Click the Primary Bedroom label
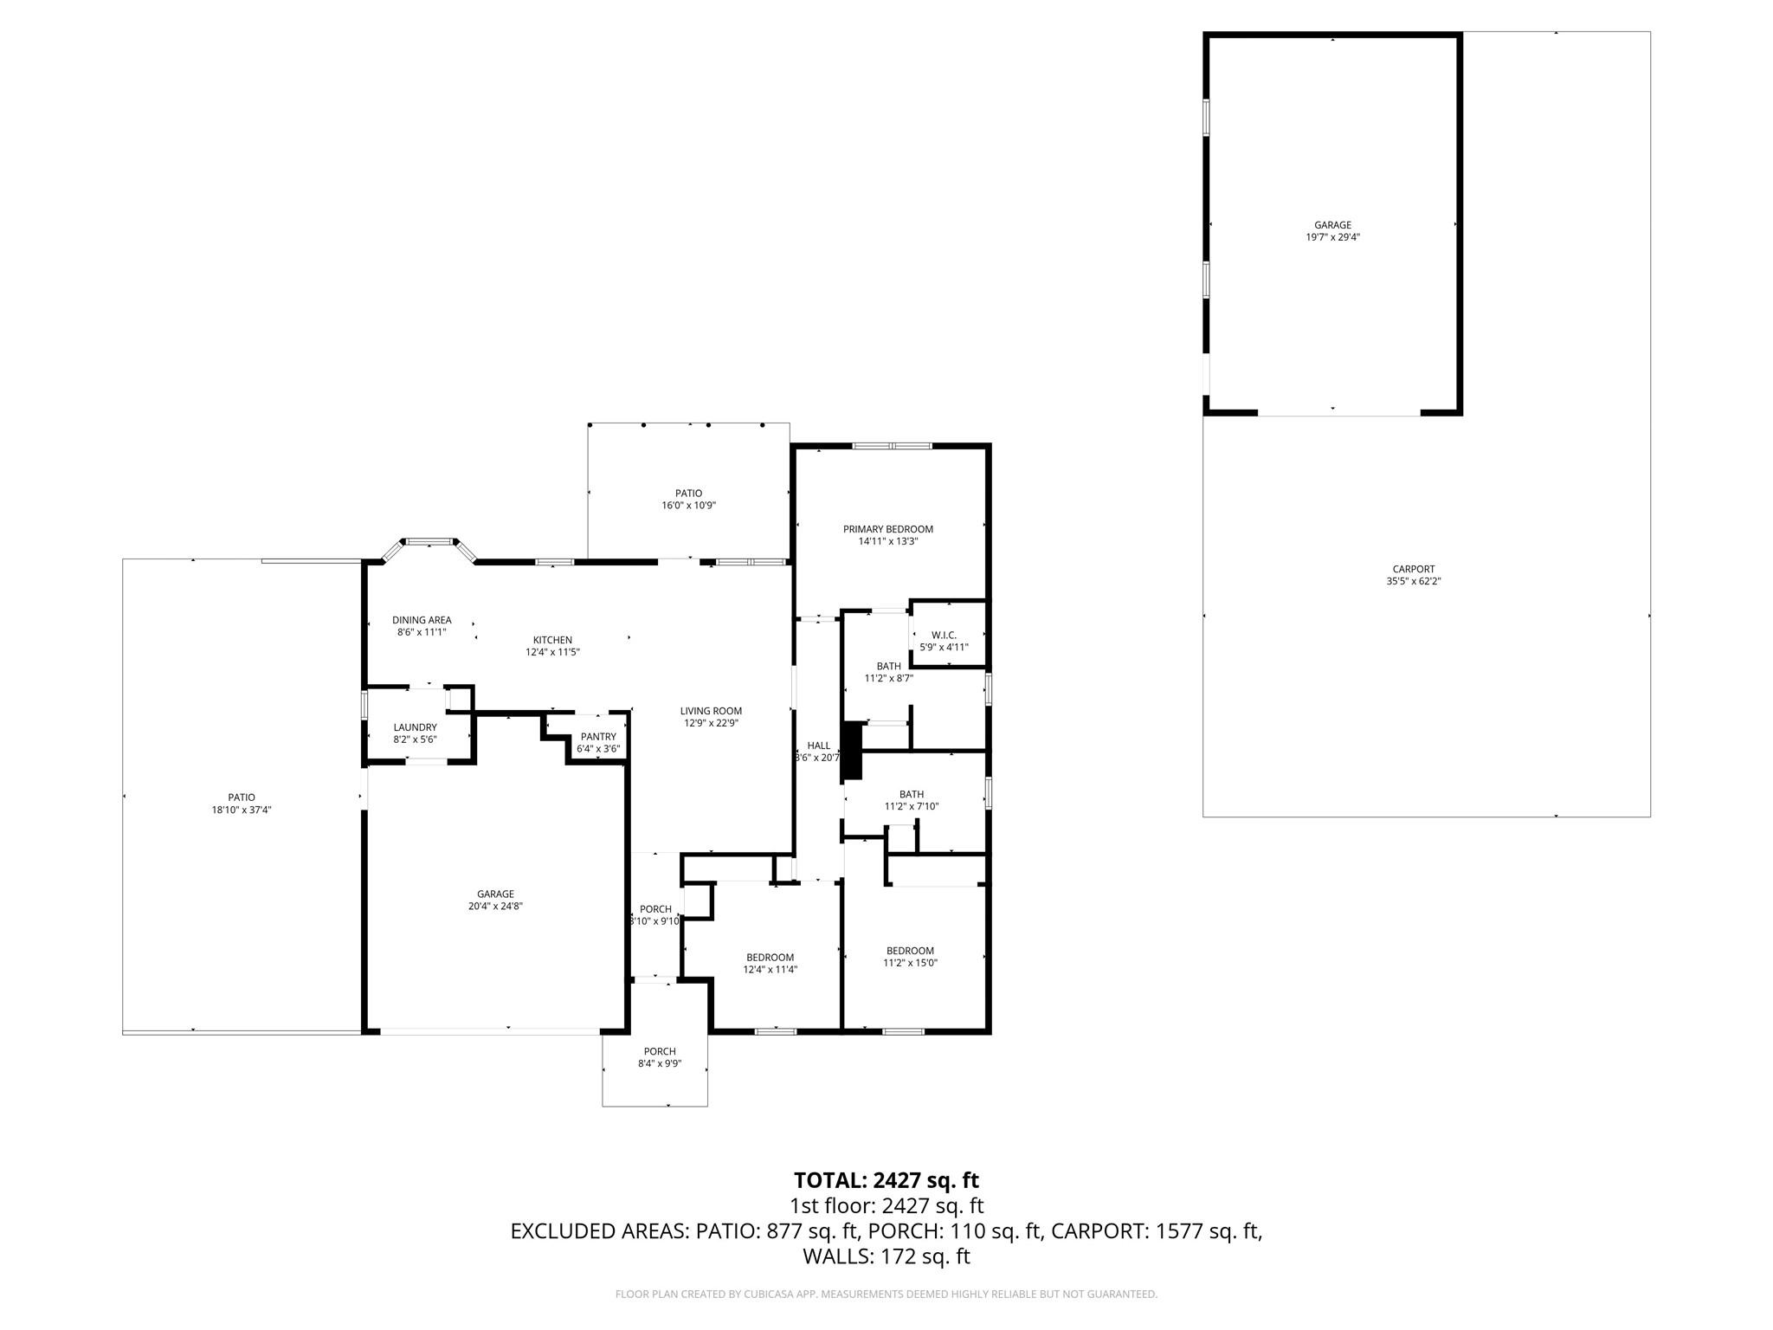pyautogui.click(x=888, y=529)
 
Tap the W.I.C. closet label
pyautogui.click(x=944, y=635)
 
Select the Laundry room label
pyautogui.click(x=416, y=727)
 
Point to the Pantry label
pyautogui.click(x=598, y=737)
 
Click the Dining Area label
pyautogui.click(x=422, y=620)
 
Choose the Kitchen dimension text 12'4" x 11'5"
pyautogui.click(x=552, y=652)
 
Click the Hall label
pyautogui.click(x=819, y=746)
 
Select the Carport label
pyautogui.click(x=1414, y=569)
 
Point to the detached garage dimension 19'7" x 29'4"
pyautogui.click(x=1333, y=237)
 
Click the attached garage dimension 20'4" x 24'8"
pyautogui.click(x=495, y=907)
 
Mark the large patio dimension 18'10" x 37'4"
pyautogui.click(x=242, y=810)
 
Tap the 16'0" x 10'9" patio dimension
pyautogui.click(x=689, y=506)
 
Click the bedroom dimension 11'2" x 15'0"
pyautogui.click(x=910, y=963)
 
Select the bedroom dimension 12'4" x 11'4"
pyautogui.click(x=770, y=970)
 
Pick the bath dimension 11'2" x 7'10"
pyautogui.click(x=912, y=806)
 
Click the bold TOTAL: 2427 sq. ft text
pyautogui.click(x=886, y=1180)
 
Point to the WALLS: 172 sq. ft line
pyautogui.click(x=886, y=1256)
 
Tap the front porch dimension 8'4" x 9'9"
pyautogui.click(x=660, y=1064)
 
